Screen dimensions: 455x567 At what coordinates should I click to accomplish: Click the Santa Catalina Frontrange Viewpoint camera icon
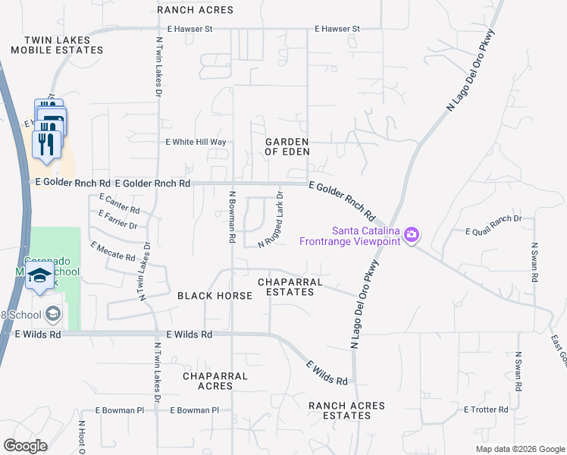coord(412,235)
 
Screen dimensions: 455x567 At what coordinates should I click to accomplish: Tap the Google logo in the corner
coord(26,446)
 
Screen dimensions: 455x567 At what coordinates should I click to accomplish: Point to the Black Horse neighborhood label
coord(215,296)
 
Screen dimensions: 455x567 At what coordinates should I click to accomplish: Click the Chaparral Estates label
coord(291,287)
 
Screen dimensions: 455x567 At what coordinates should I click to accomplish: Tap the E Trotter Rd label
coord(485,409)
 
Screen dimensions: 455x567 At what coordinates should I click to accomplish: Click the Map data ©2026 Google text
coord(519,449)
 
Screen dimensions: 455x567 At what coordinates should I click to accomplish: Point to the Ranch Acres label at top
coord(196,10)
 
